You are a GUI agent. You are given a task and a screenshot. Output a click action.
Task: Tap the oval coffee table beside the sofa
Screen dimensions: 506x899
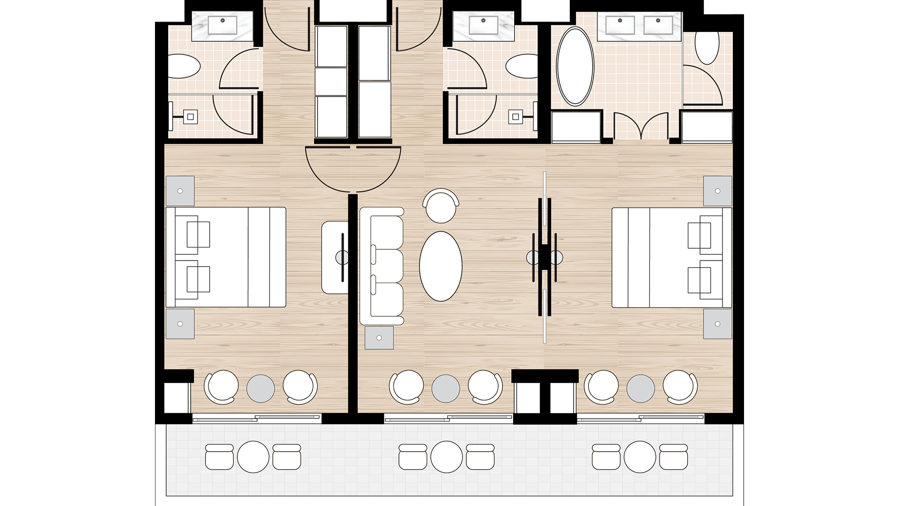[x=440, y=266]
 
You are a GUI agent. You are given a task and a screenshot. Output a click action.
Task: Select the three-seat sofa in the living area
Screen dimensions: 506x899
[x=382, y=266]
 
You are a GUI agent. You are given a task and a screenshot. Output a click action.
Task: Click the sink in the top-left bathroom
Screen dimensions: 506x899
[x=222, y=24]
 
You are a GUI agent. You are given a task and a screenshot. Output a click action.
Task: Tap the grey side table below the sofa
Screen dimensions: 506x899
[x=379, y=338]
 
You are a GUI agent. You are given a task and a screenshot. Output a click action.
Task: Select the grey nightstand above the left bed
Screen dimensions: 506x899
[x=180, y=191]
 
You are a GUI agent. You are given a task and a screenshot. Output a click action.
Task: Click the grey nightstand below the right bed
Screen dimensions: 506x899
[x=717, y=324]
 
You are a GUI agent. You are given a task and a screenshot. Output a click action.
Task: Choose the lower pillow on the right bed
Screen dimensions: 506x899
[x=700, y=280]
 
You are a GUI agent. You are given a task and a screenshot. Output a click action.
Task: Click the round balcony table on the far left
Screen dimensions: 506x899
[x=253, y=457]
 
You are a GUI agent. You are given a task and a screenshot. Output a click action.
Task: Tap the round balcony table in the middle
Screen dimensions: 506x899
[x=446, y=457]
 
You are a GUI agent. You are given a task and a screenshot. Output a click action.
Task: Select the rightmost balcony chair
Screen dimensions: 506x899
[x=674, y=457]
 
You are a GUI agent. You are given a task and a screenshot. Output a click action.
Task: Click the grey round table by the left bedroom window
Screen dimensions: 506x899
[x=260, y=388]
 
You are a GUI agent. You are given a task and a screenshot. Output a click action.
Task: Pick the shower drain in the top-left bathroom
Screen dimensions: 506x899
[x=191, y=117]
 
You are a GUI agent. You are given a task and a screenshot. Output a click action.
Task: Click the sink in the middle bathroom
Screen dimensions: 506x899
[x=483, y=24]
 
